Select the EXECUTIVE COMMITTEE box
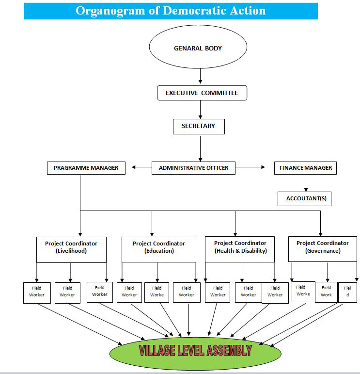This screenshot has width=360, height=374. (x=202, y=93)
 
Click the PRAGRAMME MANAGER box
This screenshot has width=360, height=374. (x=86, y=168)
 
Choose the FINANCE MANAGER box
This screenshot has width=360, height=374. (x=305, y=168)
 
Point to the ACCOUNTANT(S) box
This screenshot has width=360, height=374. (x=305, y=198)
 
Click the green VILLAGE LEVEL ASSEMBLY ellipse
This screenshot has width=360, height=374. (x=195, y=350)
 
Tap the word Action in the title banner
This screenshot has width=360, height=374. (x=244, y=11)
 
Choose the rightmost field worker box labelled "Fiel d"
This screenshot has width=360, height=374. (x=347, y=292)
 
